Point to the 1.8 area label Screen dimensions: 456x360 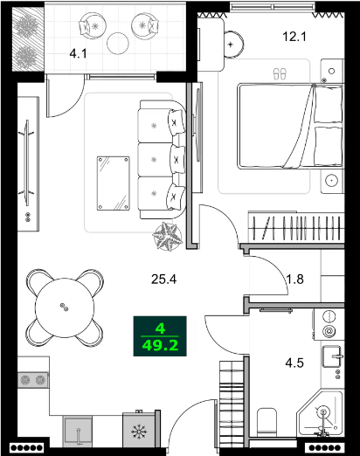coord(294,280)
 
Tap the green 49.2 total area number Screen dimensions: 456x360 coord(159,346)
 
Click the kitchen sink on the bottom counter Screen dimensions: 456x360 coord(80,430)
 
